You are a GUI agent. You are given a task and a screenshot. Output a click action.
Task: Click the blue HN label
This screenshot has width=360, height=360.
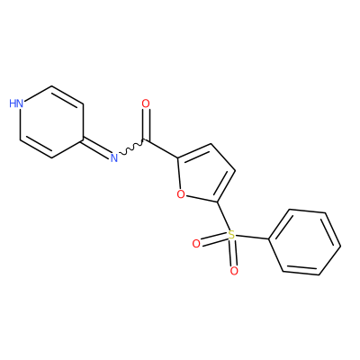(x=16, y=103)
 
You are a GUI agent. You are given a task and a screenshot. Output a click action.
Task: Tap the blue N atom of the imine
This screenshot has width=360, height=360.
(x=113, y=157)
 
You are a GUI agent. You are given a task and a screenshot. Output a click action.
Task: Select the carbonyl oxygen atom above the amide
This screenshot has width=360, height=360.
(x=146, y=103)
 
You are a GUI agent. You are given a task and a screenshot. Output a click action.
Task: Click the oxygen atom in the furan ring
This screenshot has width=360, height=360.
(x=181, y=194)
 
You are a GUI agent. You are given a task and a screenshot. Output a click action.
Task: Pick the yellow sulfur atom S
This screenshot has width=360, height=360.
(x=231, y=234)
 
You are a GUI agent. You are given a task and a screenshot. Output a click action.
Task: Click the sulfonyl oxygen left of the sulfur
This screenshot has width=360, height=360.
(x=196, y=244)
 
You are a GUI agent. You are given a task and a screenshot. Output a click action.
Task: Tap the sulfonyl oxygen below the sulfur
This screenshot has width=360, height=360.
(x=234, y=271)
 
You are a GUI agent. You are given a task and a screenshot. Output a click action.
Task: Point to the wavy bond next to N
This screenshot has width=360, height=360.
(x=132, y=147)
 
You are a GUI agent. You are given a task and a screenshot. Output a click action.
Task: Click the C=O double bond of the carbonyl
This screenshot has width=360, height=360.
(x=146, y=125)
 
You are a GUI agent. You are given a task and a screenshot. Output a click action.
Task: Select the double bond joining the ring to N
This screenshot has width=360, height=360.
(x=96, y=148)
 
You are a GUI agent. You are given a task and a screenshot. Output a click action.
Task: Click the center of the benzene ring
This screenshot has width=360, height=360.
(x=304, y=242)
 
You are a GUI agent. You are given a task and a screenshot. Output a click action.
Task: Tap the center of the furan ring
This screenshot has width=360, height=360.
(x=205, y=174)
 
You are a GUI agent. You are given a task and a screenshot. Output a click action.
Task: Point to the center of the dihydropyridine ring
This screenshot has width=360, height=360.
(x=51, y=121)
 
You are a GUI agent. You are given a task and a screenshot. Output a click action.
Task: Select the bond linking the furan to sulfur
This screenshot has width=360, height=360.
(x=223, y=216)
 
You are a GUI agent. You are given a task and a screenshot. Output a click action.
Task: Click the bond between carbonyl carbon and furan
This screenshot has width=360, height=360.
(x=162, y=148)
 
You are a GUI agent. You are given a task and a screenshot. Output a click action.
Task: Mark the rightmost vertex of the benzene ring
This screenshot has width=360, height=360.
(x=340, y=247)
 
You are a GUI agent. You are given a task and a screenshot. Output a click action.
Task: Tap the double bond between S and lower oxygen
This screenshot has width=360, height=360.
(x=233, y=253)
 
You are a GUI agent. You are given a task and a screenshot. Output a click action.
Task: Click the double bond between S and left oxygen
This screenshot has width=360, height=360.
(x=214, y=240)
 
